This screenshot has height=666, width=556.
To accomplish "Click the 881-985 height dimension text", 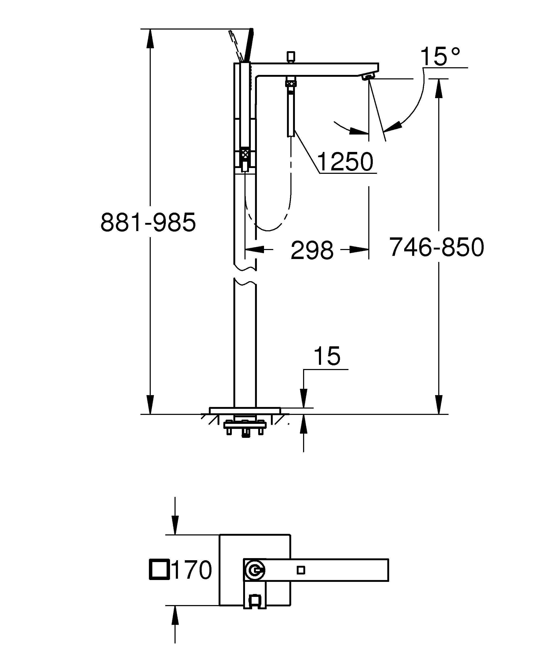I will click(148, 223).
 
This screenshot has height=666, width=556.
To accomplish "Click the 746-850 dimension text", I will click(437, 247).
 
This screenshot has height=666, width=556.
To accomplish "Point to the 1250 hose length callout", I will click(345, 162).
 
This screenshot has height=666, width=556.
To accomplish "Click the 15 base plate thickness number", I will click(327, 356).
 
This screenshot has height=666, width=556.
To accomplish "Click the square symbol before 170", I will click(158, 570).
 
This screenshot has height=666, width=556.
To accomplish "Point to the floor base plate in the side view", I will click(245, 410).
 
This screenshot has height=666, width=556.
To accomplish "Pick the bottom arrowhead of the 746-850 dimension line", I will click(439, 404).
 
